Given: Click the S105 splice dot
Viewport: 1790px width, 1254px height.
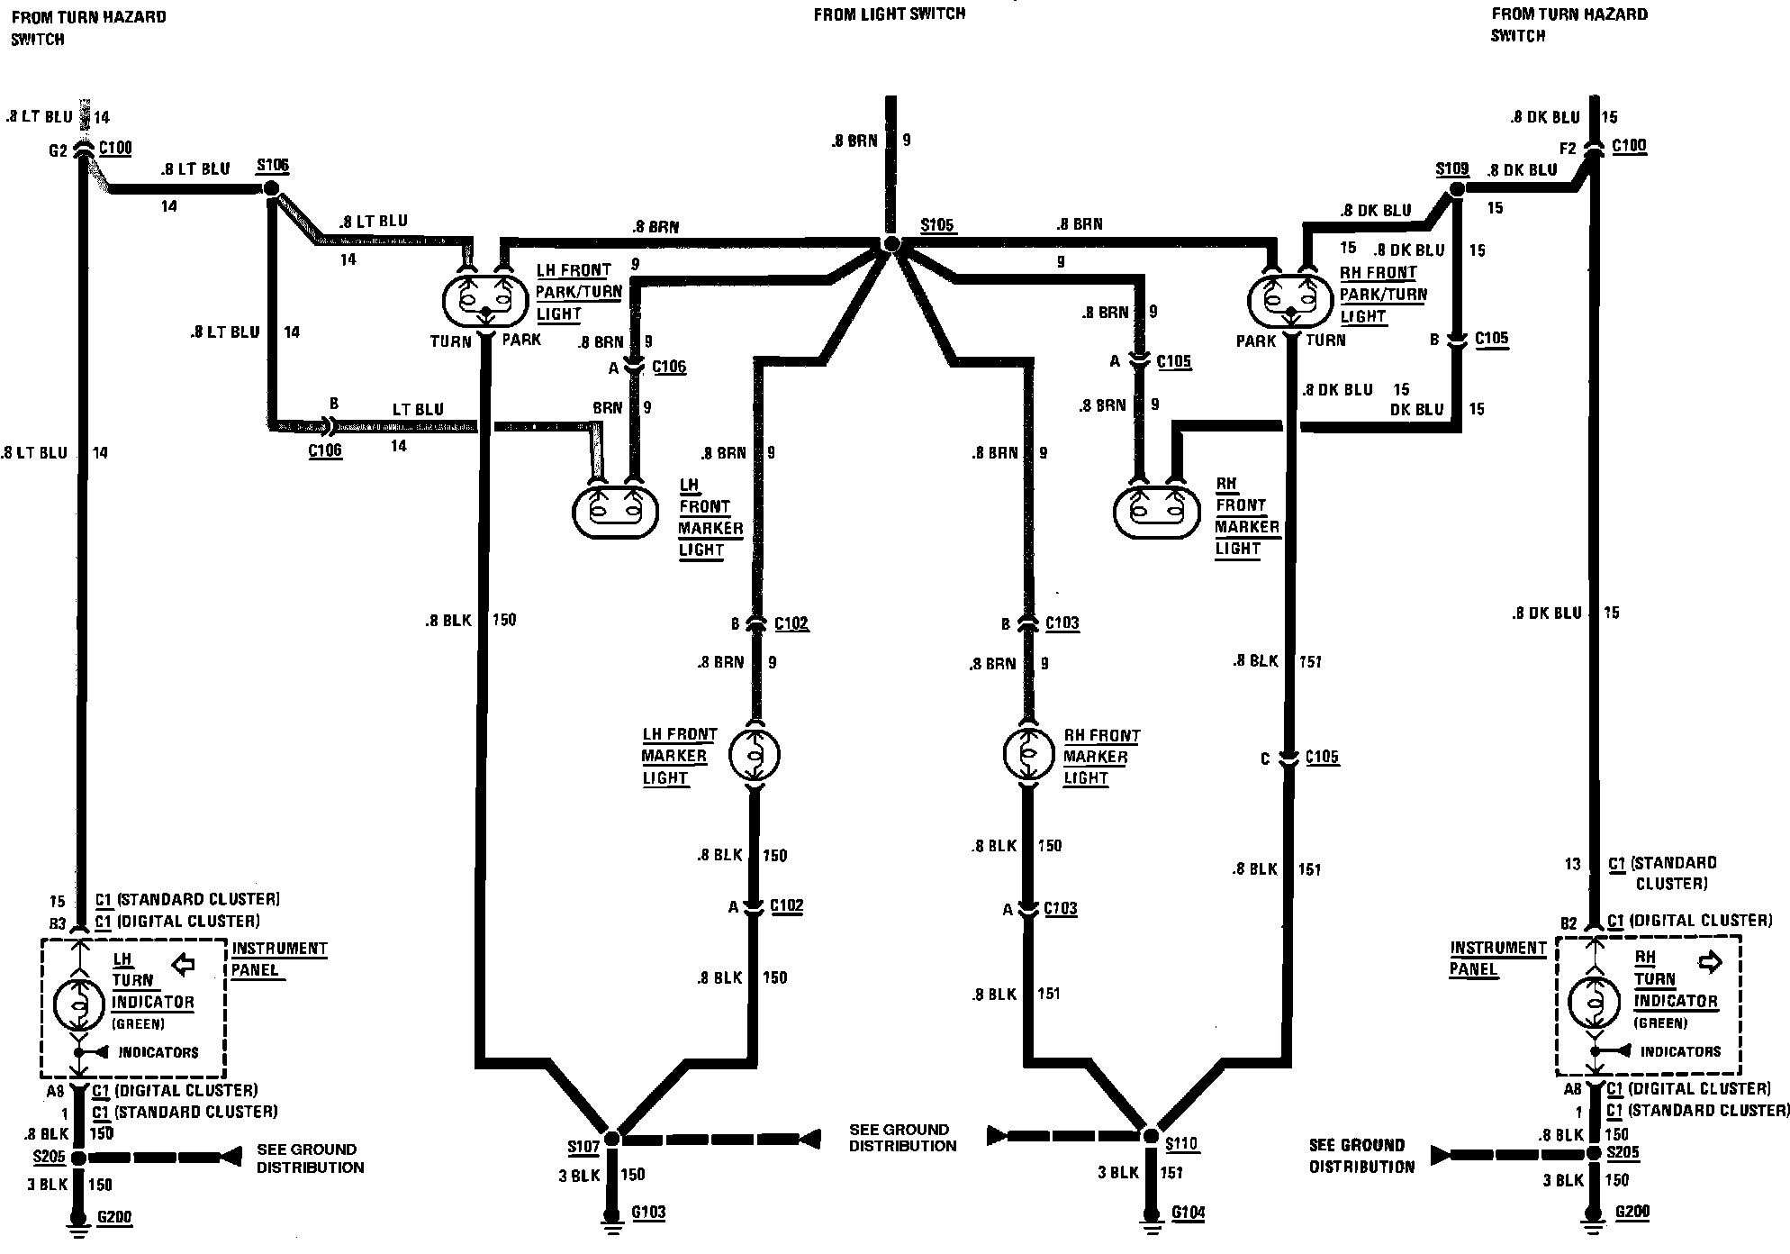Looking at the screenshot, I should pyautogui.click(x=891, y=244).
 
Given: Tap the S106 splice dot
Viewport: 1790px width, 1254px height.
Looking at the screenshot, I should pyautogui.click(x=270, y=189).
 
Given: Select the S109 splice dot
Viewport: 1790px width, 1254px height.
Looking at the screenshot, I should pyautogui.click(x=1456, y=189).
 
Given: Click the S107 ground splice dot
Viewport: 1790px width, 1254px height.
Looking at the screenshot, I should pyautogui.click(x=612, y=1139).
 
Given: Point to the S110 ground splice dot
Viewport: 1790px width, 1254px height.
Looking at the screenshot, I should pyautogui.click(x=1151, y=1137).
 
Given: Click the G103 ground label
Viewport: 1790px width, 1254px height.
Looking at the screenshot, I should pyautogui.click(x=648, y=1212).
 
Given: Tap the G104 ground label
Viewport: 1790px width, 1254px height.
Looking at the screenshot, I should pyautogui.click(x=1188, y=1213).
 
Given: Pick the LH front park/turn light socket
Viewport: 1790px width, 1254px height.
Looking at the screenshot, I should pyautogui.click(x=484, y=303).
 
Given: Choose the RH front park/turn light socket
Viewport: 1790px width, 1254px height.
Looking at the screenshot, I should pyautogui.click(x=1289, y=303).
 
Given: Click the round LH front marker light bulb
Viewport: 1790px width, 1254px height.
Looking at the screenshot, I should pyautogui.click(x=755, y=754).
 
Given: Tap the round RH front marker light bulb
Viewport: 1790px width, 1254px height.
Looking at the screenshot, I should pyautogui.click(x=1029, y=753).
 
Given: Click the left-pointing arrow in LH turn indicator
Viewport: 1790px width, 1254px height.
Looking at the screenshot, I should pyautogui.click(x=184, y=965).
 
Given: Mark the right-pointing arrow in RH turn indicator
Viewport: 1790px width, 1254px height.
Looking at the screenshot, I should pyautogui.click(x=1709, y=962).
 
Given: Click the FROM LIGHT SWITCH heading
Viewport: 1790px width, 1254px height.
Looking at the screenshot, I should pyautogui.click(x=889, y=14).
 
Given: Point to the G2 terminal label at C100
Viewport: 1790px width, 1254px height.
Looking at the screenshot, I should pyautogui.click(x=58, y=150).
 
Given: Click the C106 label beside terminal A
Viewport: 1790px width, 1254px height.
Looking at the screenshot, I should pyautogui.click(x=669, y=367).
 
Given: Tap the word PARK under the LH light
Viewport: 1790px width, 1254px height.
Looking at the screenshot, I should pyautogui.click(x=521, y=340).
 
